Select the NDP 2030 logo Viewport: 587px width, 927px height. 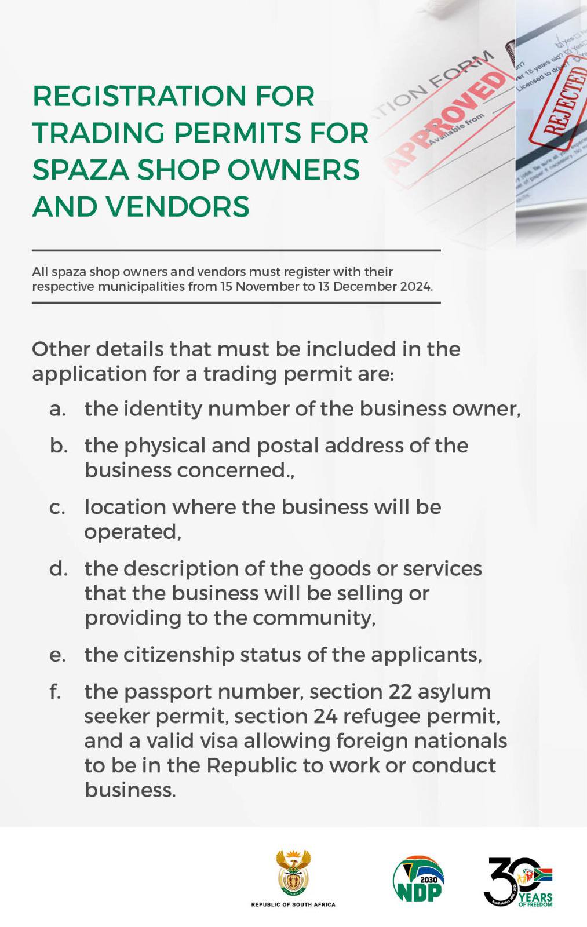pyautogui.click(x=418, y=879)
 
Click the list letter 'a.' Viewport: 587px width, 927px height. pyautogui.click(x=57, y=409)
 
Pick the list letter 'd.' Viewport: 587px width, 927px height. pyautogui.click(x=58, y=569)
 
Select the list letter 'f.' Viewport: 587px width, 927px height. pyautogui.click(x=56, y=692)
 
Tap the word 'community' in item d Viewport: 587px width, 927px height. pyautogui.click(x=312, y=618)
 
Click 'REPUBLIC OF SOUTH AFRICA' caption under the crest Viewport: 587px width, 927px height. pyautogui.click(x=293, y=904)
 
